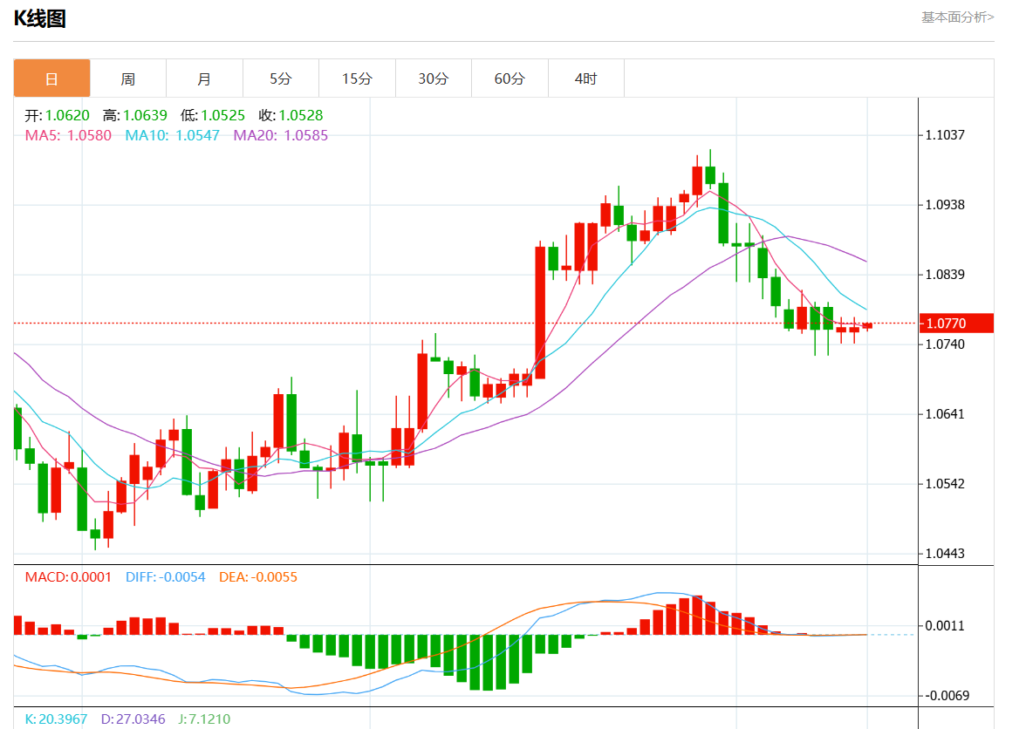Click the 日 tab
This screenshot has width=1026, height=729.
tap(51, 78)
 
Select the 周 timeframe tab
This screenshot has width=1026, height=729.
tap(128, 78)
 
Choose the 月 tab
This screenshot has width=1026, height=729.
tap(204, 78)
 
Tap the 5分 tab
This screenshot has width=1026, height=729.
tap(280, 78)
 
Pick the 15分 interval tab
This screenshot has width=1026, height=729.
tap(357, 78)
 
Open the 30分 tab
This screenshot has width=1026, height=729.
tap(433, 78)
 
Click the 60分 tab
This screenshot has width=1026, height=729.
tap(510, 78)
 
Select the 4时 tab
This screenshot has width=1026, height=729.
tap(585, 78)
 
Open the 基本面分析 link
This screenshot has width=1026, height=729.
tap(957, 17)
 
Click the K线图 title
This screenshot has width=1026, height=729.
tap(40, 18)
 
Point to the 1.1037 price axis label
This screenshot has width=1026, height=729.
tap(946, 135)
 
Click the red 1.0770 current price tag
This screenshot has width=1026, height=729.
tap(956, 324)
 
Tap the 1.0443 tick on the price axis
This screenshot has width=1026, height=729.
tap(946, 554)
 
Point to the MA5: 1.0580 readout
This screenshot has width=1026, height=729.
tap(68, 135)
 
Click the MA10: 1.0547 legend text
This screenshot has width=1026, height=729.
tap(173, 135)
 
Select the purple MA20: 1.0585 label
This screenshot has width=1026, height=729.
tap(281, 135)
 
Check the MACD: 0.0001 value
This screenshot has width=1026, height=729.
tap(68, 577)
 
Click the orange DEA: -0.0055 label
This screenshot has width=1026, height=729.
tap(257, 577)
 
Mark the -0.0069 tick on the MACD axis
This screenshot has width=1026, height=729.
tap(946, 696)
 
